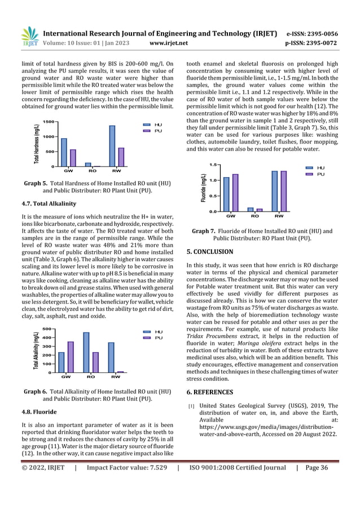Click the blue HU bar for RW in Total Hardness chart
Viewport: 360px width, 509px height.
coord(112,146)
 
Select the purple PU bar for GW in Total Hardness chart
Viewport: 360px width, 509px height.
coord(72,158)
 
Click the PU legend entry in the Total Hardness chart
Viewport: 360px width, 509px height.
coord(153,130)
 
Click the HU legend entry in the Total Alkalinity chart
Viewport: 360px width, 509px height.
coord(153,332)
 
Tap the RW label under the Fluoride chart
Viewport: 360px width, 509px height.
coord(279,216)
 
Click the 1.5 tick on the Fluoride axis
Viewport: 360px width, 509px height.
coord(213,164)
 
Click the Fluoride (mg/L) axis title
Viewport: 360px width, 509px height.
coord(203,188)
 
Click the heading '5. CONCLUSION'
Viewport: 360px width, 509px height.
coord(209,252)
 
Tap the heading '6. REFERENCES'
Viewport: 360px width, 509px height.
coord(209,392)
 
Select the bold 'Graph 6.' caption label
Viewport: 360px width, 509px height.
coord(35,391)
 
